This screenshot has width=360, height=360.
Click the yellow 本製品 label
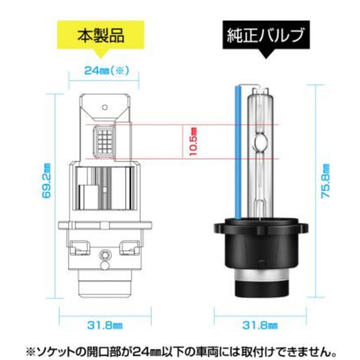point(101,35)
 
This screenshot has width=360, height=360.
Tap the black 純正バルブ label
point(266,35)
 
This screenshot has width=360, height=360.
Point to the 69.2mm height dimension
point(46,180)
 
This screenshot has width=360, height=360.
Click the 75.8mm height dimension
point(325,181)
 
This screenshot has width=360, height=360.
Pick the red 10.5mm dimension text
point(193,142)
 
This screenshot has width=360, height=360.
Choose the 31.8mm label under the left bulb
point(105,325)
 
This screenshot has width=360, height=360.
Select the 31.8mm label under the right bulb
point(260,325)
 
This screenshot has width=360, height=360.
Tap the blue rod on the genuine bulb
point(238,153)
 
